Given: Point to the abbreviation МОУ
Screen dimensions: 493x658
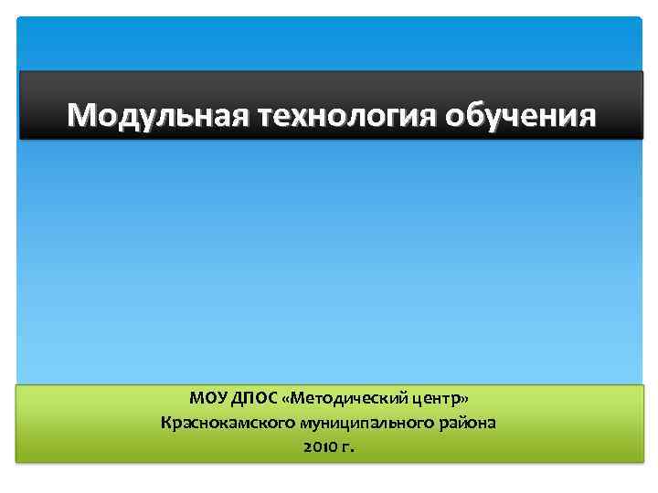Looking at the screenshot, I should coord(209,399).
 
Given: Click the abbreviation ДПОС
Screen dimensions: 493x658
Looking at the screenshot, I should coord(256,399).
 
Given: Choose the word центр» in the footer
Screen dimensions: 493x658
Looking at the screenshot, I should coord(438,399).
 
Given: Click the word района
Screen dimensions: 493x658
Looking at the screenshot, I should coord(472,423).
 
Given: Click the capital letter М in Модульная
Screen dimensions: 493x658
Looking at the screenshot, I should coord(81,116).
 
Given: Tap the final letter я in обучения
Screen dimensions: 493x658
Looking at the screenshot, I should coord(587,117).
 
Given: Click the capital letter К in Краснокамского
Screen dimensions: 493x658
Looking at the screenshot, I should coord(165,423).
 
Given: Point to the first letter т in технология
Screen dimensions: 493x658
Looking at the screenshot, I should coord(268,118).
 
